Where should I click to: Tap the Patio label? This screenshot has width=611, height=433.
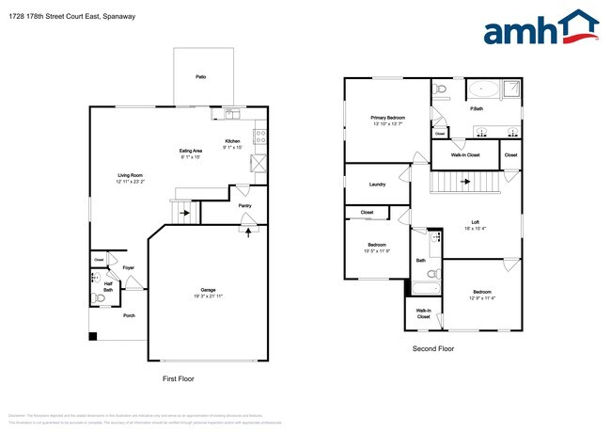point(200,76)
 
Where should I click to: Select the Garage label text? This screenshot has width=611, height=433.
point(208,289)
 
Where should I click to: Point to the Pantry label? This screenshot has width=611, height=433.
point(244,205)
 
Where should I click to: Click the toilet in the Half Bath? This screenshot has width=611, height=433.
point(100,298)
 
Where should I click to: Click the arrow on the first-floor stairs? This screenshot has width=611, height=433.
point(184,213)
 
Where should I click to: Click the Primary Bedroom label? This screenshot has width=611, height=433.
point(387,118)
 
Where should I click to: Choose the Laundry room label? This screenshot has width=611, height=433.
point(378,184)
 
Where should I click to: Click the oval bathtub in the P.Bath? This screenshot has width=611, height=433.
point(483,90)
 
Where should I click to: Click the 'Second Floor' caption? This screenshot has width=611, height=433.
point(433,348)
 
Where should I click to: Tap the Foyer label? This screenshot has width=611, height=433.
point(128,267)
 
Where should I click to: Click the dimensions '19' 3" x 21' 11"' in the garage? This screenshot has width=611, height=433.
point(208,296)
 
